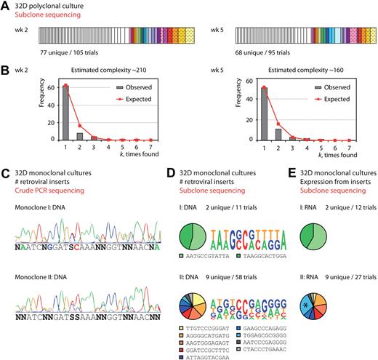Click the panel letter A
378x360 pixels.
[x=4, y=6]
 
